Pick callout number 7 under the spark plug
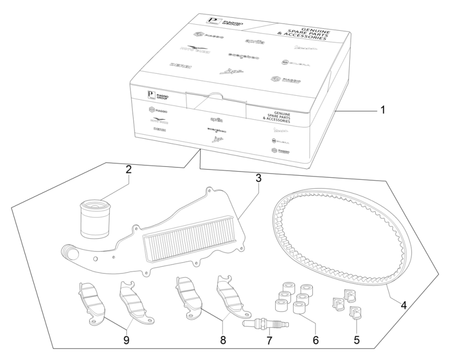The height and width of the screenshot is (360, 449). point(267,340)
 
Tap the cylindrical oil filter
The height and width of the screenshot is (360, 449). point(96,219)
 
